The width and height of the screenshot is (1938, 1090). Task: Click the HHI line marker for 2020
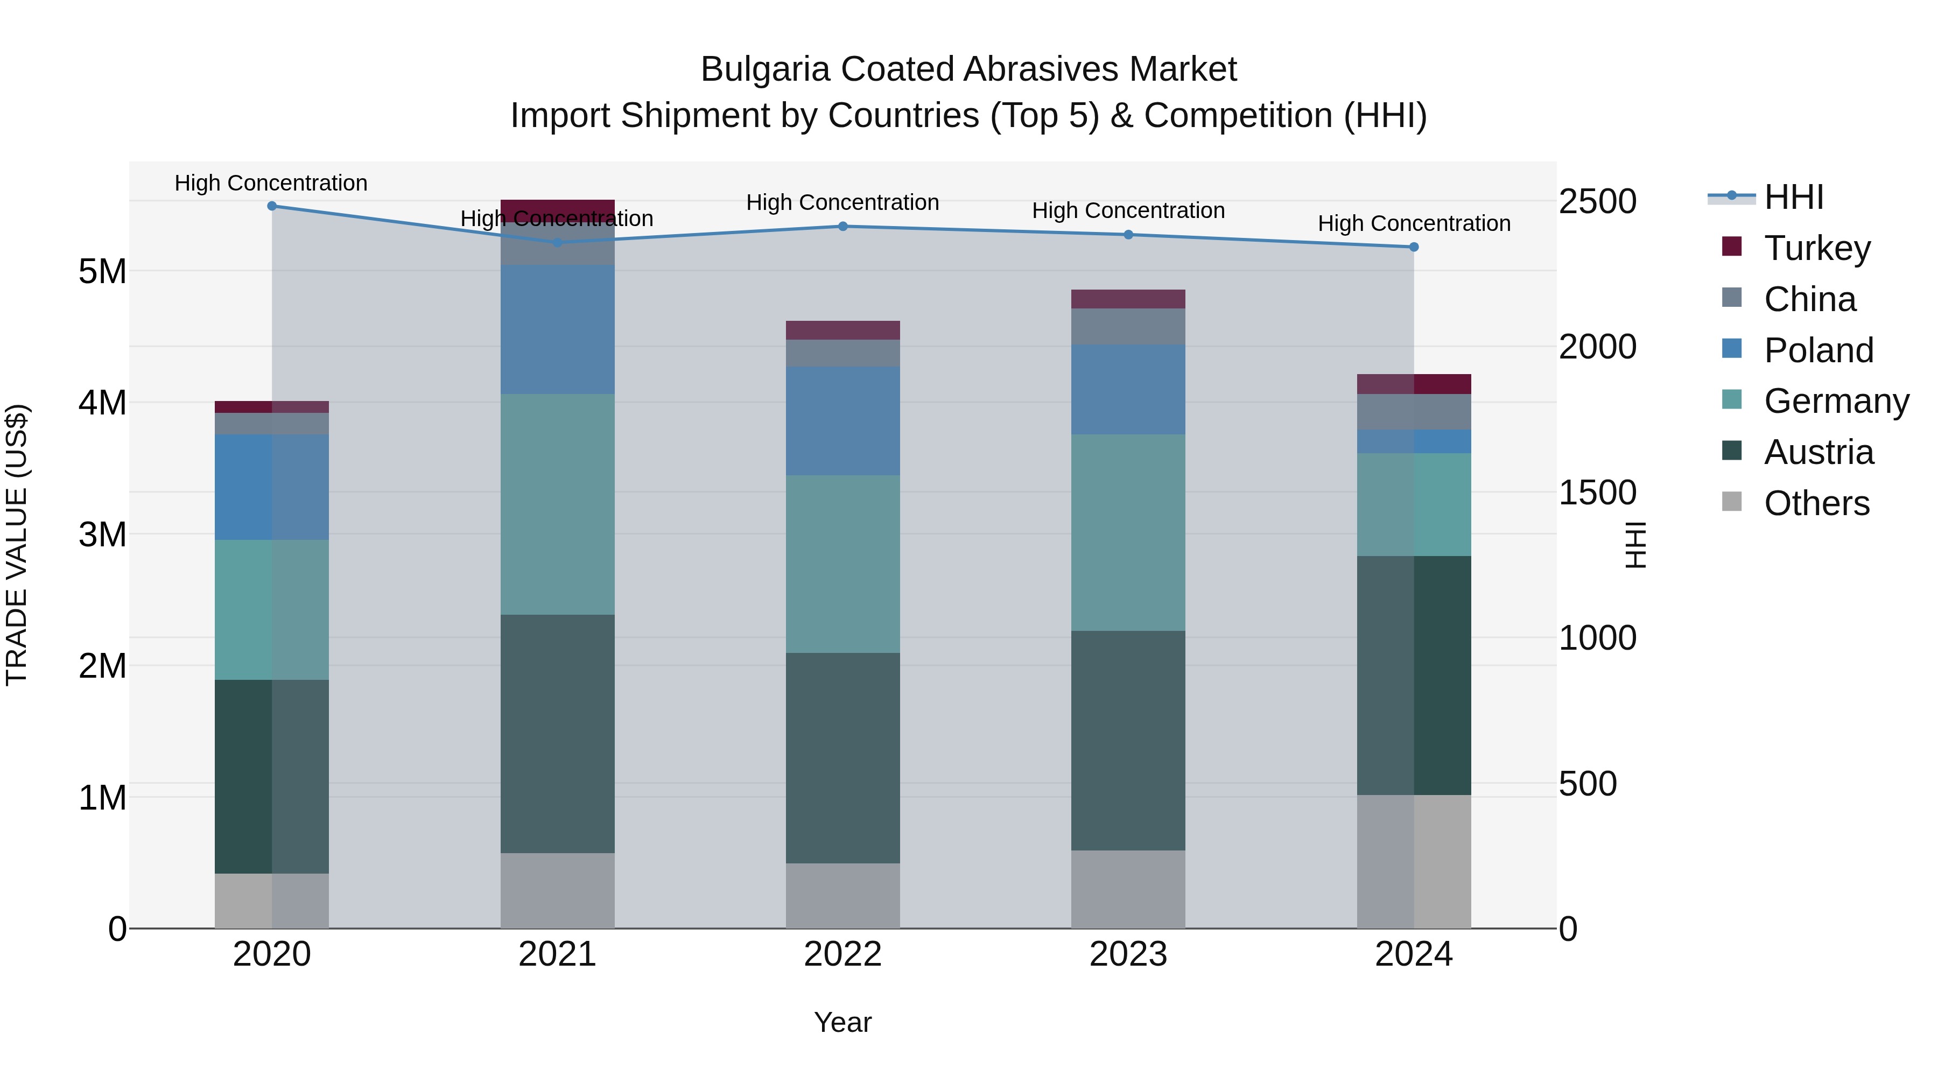coord(272,206)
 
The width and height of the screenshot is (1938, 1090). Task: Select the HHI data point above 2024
coord(1414,247)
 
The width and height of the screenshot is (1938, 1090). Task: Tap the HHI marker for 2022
coord(842,227)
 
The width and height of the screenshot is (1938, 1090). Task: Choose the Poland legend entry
coord(1817,350)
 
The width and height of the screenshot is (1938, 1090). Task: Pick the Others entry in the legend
coord(1816,503)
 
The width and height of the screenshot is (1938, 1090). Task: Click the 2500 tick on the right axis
coord(1597,202)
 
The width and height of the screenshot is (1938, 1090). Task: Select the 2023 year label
coord(1128,954)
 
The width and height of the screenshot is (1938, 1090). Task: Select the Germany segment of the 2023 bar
coord(1128,532)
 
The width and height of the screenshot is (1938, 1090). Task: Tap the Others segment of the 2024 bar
coord(1414,861)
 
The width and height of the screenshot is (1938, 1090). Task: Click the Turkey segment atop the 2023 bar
coord(1128,299)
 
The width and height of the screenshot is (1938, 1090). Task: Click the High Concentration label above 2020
coord(271,183)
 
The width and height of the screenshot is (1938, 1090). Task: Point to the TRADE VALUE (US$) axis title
coord(17,545)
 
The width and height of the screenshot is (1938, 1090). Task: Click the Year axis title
coord(842,1022)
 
